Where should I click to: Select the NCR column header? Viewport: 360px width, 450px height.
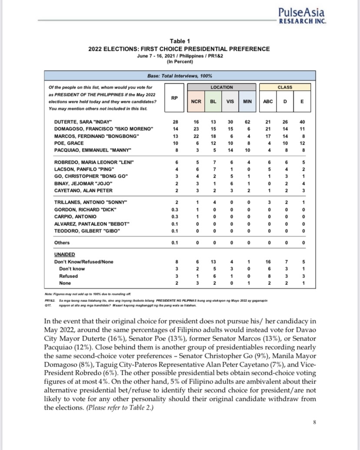pos(196,101)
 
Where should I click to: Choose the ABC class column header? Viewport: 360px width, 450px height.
pos(268,101)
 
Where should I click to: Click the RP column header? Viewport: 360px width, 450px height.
pos(174,98)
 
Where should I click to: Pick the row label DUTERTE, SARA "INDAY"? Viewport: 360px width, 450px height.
pos(83,121)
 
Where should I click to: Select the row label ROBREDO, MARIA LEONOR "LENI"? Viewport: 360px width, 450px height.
pos(93,162)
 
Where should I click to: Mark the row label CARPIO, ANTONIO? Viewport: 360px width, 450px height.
pos(72,216)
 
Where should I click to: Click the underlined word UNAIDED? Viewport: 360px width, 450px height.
pos(64,254)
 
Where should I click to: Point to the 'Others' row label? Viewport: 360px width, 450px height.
pos(62,242)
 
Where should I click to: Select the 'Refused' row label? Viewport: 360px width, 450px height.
pos(69,276)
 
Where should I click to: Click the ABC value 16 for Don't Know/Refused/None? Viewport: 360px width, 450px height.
pos(268,262)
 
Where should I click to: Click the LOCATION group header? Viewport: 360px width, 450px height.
pos(222,87)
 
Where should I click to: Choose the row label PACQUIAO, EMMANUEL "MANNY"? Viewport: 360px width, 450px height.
pos(93,150)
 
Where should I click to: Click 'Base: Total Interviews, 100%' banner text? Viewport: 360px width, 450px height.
pos(180,76)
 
